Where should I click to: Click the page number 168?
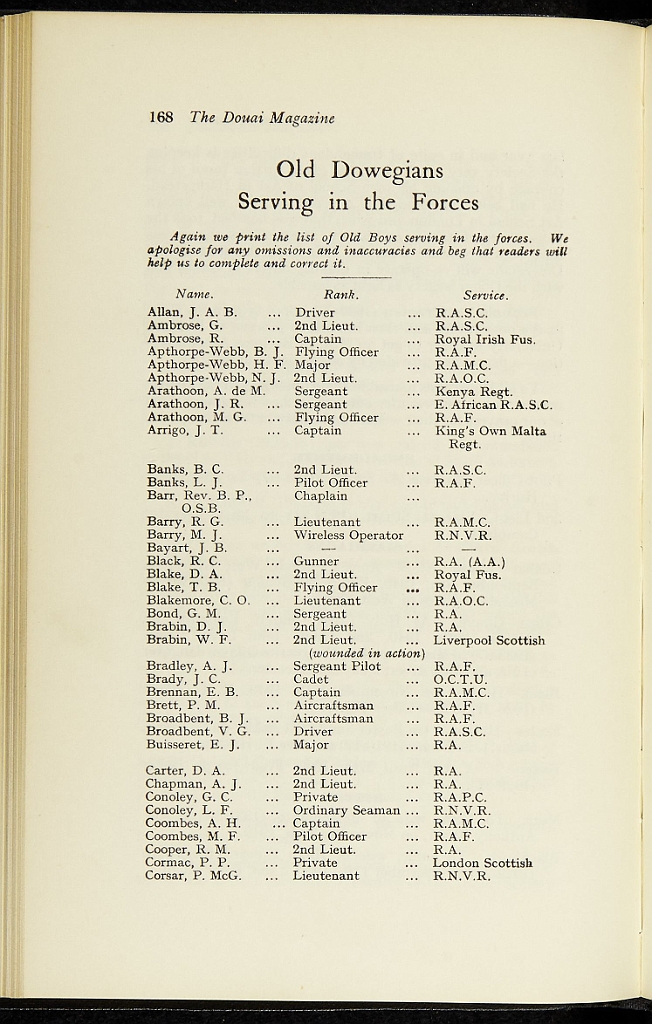[x=160, y=118]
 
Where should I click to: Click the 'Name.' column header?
[x=194, y=295]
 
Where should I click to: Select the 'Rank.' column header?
[x=341, y=295]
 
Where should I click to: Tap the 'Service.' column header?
[x=485, y=295]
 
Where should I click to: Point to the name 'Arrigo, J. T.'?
[x=185, y=431]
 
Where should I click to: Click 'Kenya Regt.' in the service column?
[x=473, y=392]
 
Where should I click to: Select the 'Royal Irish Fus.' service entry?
[x=484, y=339]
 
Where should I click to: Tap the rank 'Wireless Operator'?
[x=348, y=535]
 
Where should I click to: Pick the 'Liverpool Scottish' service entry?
[x=488, y=640]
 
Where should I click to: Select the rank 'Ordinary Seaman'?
[x=346, y=810]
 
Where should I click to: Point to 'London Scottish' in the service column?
[x=482, y=862]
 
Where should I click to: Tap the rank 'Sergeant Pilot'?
[x=337, y=666]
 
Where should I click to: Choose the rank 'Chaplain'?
[x=320, y=496]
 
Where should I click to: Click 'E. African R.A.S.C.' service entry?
[x=492, y=405]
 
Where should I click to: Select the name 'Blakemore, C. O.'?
[x=198, y=601]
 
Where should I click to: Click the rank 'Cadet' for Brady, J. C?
[x=311, y=679]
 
